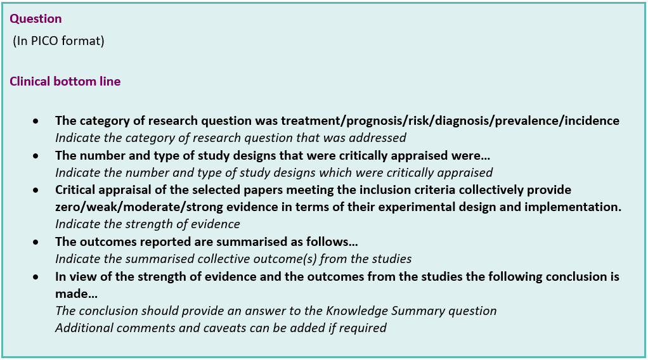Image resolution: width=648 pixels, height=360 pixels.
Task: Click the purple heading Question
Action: tap(36, 19)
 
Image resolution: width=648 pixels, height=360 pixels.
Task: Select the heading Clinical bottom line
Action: tap(65, 82)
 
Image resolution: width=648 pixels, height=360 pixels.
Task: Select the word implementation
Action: tap(578, 207)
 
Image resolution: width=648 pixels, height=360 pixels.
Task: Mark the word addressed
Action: tap(382, 138)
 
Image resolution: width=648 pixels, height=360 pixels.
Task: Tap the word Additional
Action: tap(80, 328)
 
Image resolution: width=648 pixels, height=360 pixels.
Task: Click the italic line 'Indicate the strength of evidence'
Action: tap(148, 224)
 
